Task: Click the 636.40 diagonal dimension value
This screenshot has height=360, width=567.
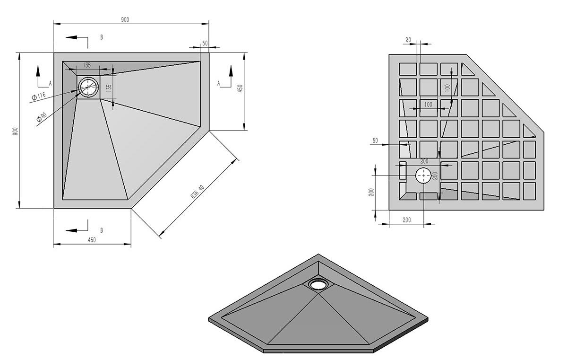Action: pyautogui.click(x=197, y=192)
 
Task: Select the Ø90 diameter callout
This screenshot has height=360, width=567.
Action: pyautogui.click(x=42, y=117)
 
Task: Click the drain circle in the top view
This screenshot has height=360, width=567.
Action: pyautogui.click(x=88, y=87)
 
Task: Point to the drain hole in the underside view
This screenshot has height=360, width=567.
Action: pyautogui.click(x=423, y=176)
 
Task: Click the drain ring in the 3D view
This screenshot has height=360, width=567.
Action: pyautogui.click(x=318, y=283)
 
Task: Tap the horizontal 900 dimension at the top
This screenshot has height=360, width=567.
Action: pyautogui.click(x=125, y=19)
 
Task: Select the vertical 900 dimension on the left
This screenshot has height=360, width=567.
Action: pyautogui.click(x=15, y=131)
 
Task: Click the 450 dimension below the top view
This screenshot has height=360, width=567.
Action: pyautogui.click(x=92, y=240)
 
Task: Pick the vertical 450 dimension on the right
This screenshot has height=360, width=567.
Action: pyautogui.click(x=240, y=88)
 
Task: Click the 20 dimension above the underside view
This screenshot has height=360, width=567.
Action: pyautogui.click(x=408, y=40)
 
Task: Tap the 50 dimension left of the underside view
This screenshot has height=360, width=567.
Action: pyautogui.click(x=375, y=140)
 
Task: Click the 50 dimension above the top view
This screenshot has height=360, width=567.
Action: pyautogui.click(x=205, y=43)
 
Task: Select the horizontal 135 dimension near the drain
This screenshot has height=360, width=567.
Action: pyautogui.click(x=87, y=65)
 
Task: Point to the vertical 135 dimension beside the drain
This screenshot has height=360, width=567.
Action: pyautogui.click(x=109, y=88)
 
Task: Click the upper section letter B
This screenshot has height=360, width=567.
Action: pyautogui.click(x=102, y=37)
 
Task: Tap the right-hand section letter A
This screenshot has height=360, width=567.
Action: pyautogui.click(x=219, y=83)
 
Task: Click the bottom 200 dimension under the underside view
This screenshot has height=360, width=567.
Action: pyautogui.click(x=406, y=220)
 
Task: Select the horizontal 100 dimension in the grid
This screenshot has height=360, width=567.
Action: pyautogui.click(x=428, y=105)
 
